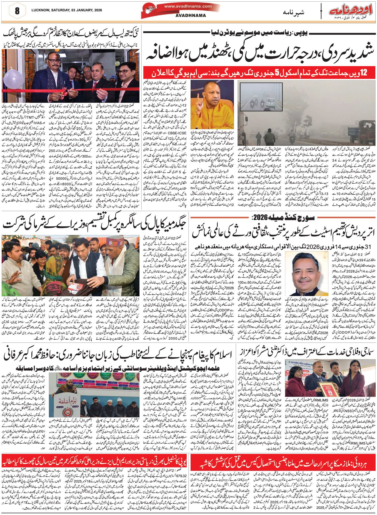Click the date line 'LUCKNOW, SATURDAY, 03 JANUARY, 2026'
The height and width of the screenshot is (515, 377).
(67, 10)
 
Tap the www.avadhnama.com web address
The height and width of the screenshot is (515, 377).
(188, 6)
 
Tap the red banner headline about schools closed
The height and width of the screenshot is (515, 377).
(259, 73)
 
